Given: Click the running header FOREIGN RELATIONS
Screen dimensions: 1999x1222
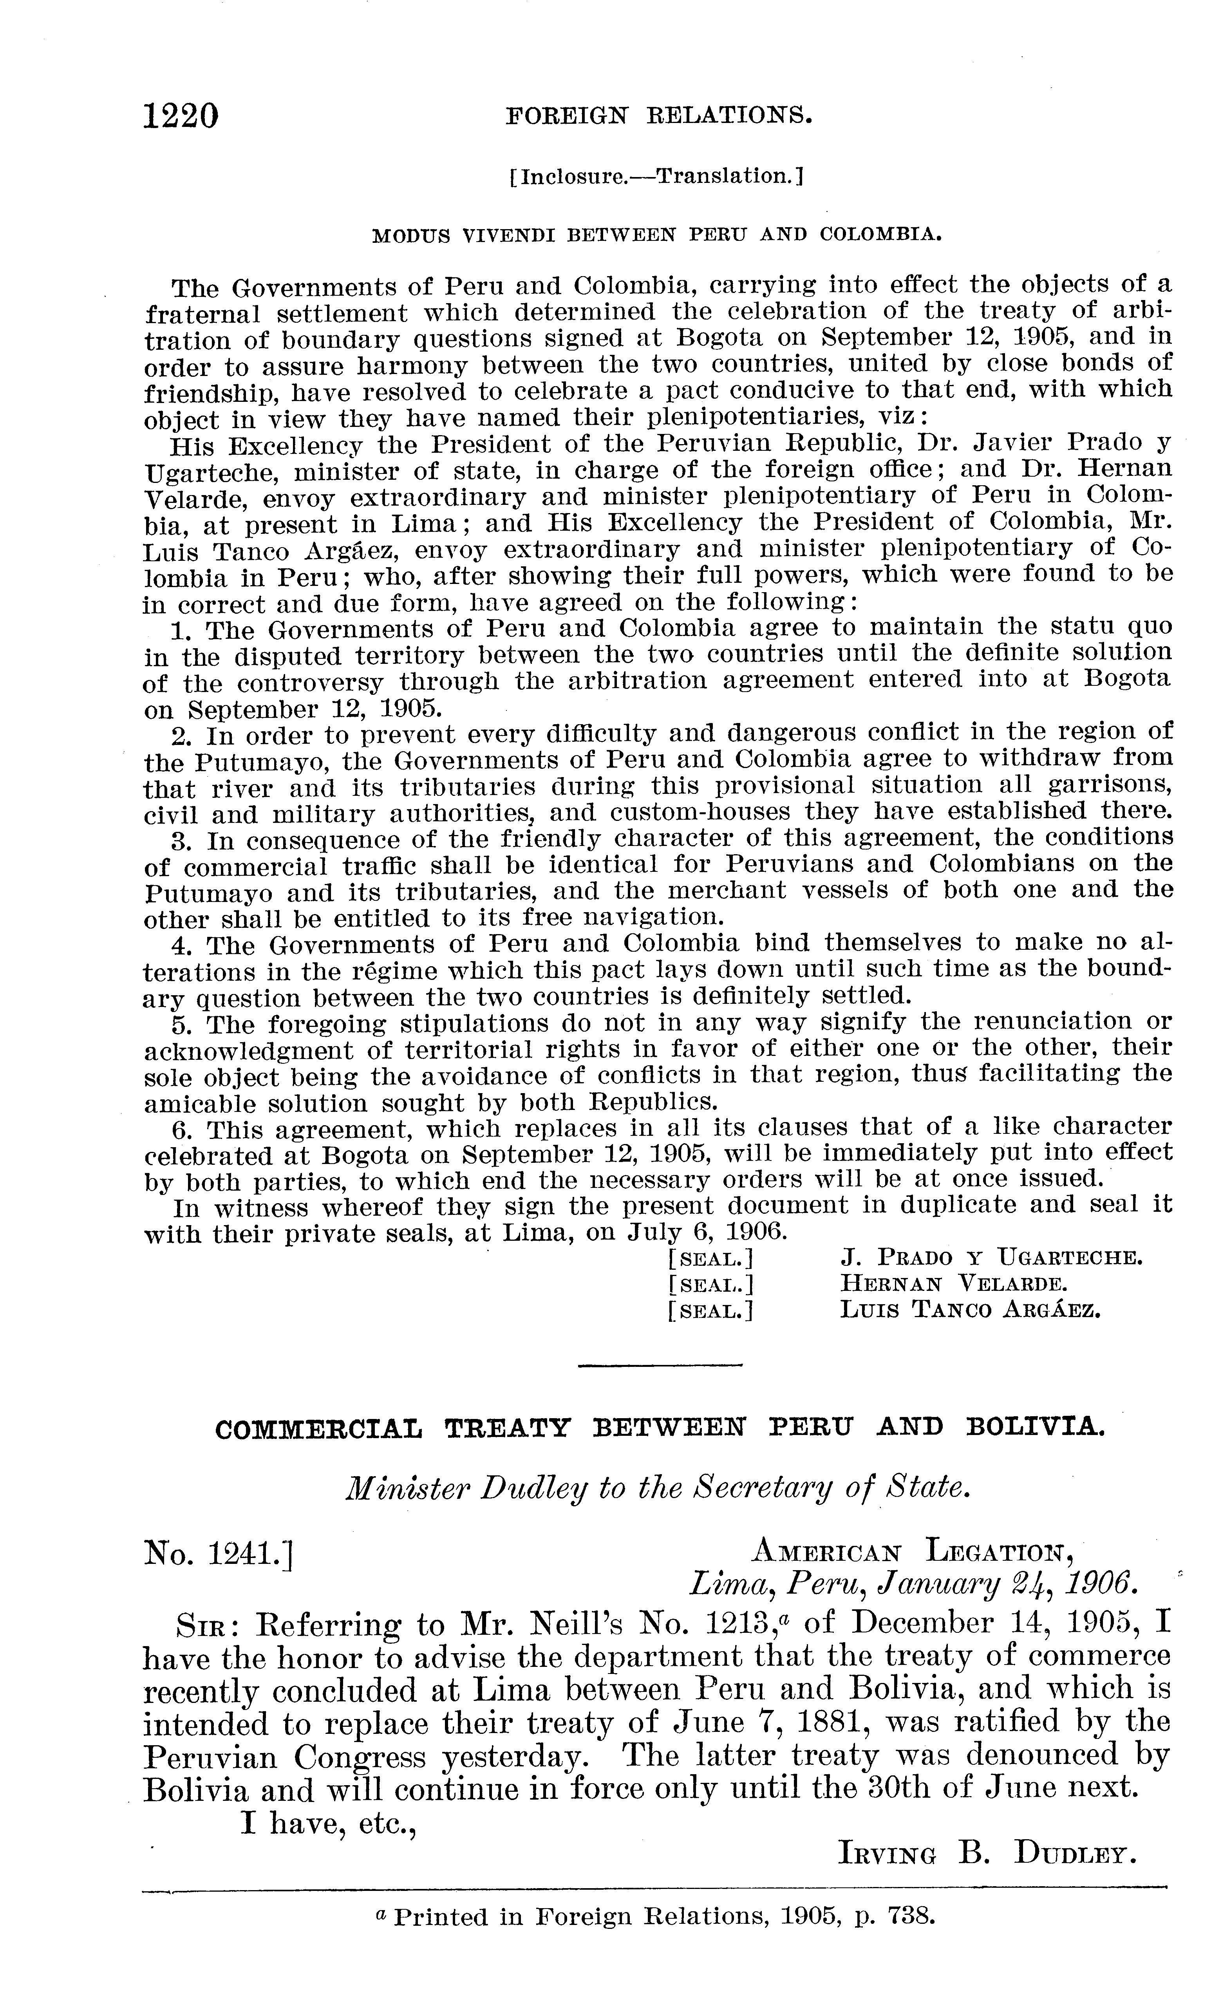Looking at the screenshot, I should [x=659, y=116].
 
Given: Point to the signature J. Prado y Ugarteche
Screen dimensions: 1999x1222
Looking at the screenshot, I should [x=991, y=1258].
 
